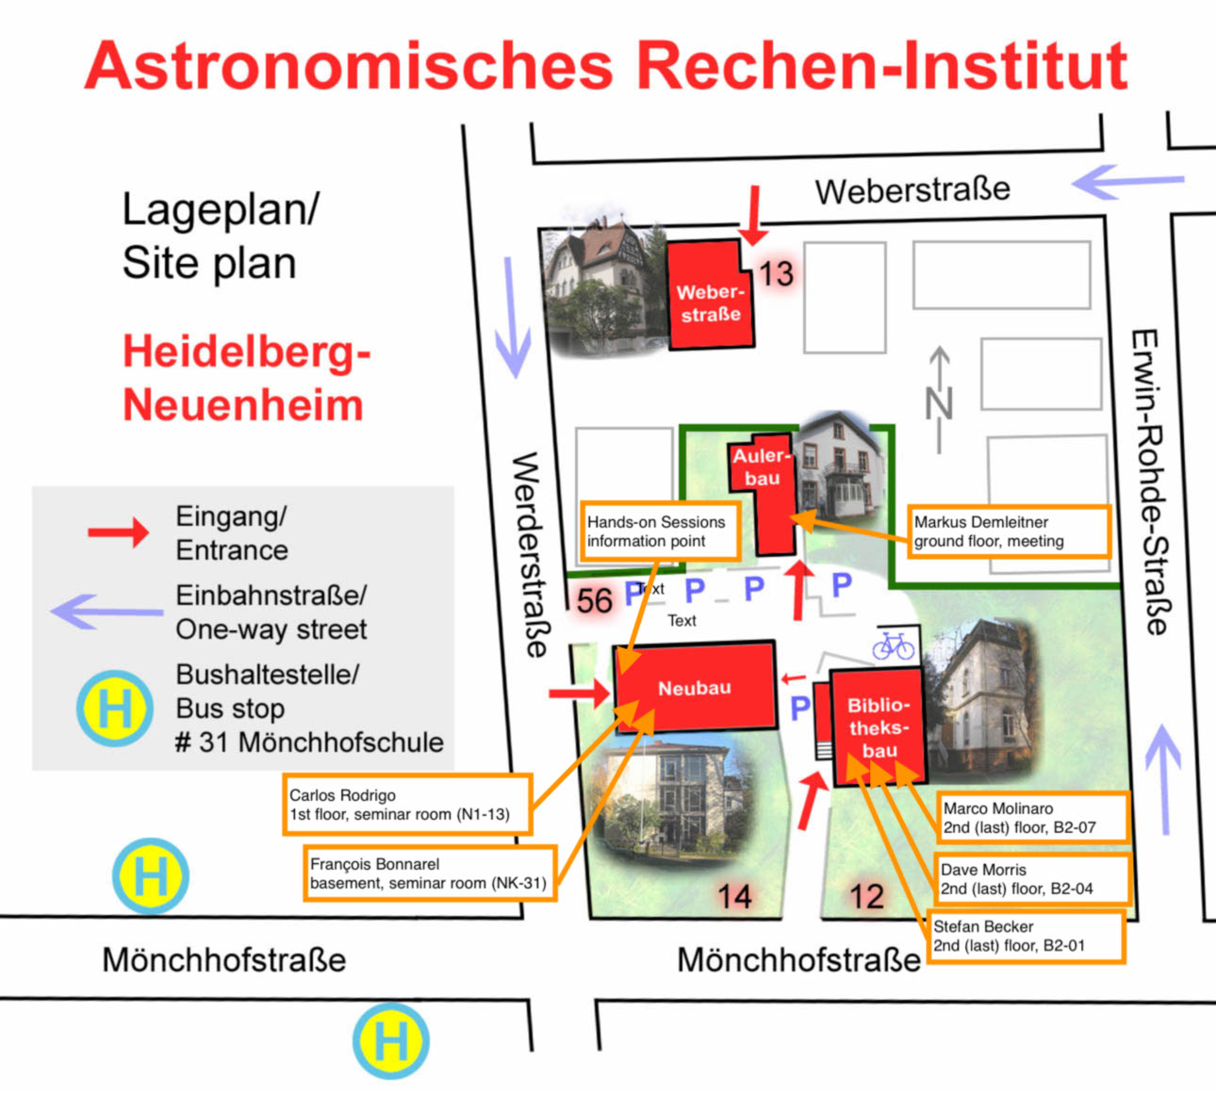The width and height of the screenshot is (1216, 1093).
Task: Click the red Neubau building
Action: coord(696,687)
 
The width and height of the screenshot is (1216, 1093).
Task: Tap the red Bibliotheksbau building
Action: coord(878,726)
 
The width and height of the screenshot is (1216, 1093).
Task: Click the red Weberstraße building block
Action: coord(711,295)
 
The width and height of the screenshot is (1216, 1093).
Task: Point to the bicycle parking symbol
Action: coord(893,646)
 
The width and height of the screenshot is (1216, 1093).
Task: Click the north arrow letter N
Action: coord(939,402)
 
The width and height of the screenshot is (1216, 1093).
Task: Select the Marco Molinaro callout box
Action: coord(1033,817)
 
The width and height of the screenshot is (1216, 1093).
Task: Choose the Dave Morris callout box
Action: coord(1032,878)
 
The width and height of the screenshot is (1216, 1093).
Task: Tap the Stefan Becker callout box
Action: coord(1026,936)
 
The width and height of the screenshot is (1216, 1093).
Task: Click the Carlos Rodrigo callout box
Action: coord(407,804)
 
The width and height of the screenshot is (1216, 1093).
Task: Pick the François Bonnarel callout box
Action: coord(429,873)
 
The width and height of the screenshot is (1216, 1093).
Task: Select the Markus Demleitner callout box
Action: coord(1010,531)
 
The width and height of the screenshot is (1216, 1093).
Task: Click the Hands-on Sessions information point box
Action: coord(660,531)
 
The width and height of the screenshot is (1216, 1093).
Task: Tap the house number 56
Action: coord(594,601)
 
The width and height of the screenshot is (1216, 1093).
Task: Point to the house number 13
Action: coord(776,273)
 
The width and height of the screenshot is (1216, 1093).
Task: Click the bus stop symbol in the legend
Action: coord(115,708)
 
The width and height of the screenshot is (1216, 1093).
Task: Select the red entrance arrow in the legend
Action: coord(118,533)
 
